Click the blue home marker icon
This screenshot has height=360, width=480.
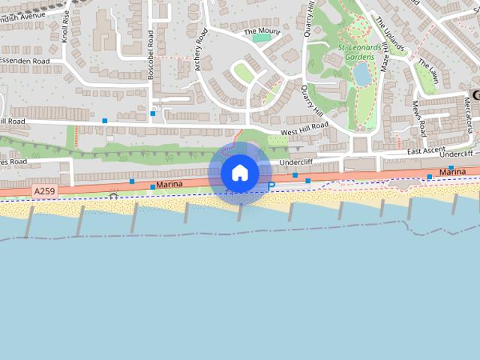(x=240, y=173)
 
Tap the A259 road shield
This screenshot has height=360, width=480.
(x=44, y=192)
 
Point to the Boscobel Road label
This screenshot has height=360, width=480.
(x=151, y=51)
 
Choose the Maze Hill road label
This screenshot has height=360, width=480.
(x=385, y=56)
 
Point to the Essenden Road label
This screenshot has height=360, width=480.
(x=24, y=61)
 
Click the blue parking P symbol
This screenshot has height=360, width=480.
(x=271, y=185)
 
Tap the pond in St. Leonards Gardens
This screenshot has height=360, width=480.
(x=362, y=73)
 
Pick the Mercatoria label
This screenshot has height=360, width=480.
(x=469, y=120)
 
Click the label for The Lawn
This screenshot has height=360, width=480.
(x=428, y=70)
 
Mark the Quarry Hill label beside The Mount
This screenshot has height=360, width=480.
(x=308, y=19)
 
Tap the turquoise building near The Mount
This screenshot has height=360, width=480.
(x=261, y=37)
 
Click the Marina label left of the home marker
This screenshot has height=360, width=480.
(x=170, y=184)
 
